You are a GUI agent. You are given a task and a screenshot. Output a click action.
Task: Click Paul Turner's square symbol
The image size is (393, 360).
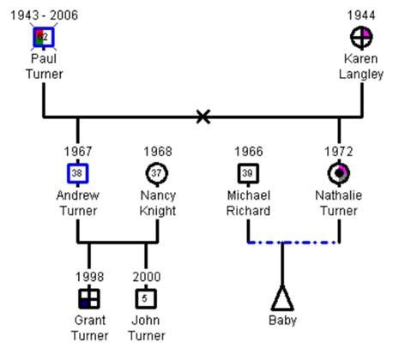coord(43,37)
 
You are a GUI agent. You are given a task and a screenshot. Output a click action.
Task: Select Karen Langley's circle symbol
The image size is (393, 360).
coord(361,37)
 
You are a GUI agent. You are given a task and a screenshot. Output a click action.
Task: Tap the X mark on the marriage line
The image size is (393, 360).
coord(203,116)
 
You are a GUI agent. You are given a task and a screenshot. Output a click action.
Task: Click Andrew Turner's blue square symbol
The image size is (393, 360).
coord(78,174)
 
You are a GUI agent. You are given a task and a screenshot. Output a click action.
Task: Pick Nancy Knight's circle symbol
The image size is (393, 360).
coord(157,174)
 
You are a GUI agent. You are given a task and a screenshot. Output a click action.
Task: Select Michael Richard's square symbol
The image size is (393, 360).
coord(249,174)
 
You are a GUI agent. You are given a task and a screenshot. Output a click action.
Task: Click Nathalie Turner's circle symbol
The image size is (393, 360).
coord(339,174)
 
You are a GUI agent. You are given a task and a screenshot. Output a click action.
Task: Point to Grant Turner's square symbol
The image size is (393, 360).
coord(89,298)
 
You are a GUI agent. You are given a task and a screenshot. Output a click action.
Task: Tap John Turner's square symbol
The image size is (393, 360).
coord(146,298)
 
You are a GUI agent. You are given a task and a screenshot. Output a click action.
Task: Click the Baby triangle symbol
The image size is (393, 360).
coord(282,298)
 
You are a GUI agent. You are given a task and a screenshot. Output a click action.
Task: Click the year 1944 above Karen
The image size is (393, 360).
coord(361,15)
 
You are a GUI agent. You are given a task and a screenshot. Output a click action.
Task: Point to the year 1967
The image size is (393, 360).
coord(78,152)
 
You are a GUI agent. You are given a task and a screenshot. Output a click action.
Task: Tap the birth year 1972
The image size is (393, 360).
coord(339,152)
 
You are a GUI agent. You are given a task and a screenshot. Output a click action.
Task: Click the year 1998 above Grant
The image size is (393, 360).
coord(89,276)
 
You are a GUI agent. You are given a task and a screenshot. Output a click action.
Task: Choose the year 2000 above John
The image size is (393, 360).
coord(146,276)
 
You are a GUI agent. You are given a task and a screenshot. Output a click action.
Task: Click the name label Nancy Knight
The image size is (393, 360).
coord(157,203)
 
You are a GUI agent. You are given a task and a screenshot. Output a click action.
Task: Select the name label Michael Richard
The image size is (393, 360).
coord(249,203)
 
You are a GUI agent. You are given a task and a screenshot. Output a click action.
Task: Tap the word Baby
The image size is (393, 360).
coord(282,322)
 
